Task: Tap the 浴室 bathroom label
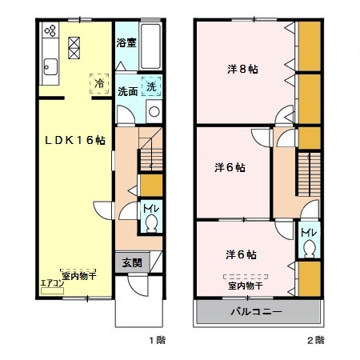pos(126,42)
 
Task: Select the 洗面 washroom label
pos(126,90)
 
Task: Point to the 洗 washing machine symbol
pos(150,85)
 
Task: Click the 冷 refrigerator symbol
pos(99,82)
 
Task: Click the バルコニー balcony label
pos(256,310)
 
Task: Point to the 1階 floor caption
pos(156,340)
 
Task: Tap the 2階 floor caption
pos(314,340)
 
